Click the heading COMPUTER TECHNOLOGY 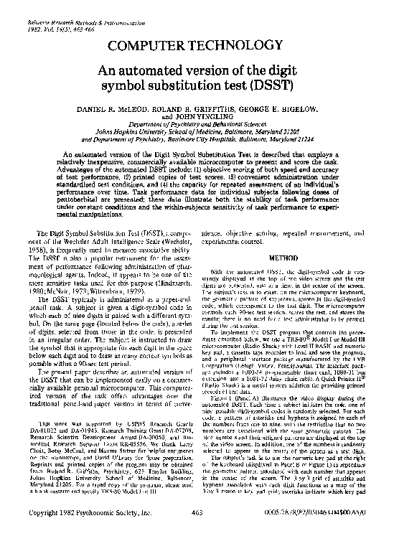(197, 47)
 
